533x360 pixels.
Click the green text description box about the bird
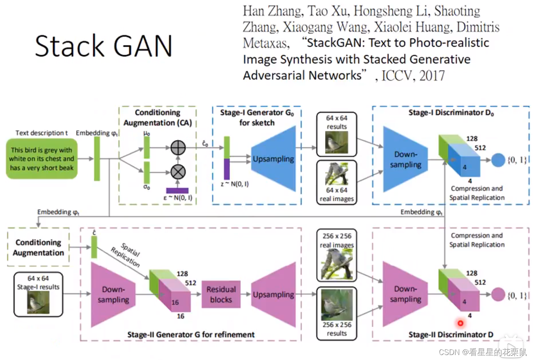tap(42, 159)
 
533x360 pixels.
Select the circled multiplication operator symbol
tap(178, 171)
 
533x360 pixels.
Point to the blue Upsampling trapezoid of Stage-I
tap(273, 159)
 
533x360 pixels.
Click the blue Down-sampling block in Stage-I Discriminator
tap(405, 159)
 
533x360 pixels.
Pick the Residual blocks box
tap(221, 294)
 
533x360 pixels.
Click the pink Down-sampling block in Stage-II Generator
tap(113, 294)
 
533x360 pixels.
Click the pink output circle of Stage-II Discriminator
tap(498, 295)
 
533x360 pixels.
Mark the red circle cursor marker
tap(461, 322)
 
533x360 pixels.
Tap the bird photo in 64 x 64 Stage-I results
tap(38, 302)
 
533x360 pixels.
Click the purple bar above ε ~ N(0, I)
tap(177, 190)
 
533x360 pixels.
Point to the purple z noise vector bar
tap(227, 169)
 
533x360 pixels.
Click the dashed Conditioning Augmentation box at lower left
tap(38, 247)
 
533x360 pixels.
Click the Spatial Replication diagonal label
tap(126, 255)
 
